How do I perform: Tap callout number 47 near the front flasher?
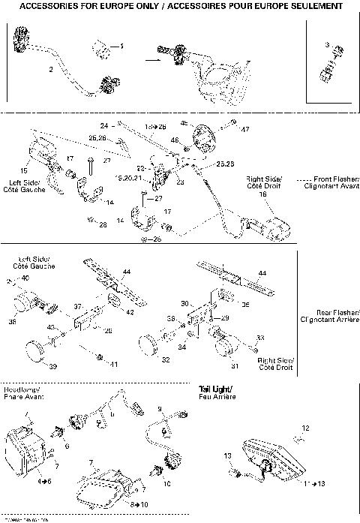point(244,130)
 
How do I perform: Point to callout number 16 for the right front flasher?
point(262,194)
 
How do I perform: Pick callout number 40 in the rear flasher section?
point(25,278)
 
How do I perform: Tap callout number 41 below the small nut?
point(115,365)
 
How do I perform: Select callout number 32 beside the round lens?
point(166,360)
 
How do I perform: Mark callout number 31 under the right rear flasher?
point(235,366)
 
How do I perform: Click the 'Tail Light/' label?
point(216,388)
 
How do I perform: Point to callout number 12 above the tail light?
point(304,428)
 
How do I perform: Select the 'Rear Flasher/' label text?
point(338,311)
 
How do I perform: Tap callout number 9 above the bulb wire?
point(160,408)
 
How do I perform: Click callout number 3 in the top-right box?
point(328,46)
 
